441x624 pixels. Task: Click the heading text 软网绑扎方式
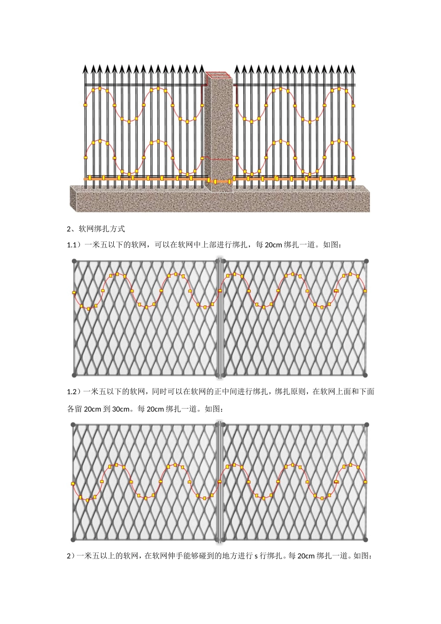click(102, 229)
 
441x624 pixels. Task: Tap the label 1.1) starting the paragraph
click(74, 245)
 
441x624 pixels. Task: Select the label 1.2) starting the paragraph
click(74, 392)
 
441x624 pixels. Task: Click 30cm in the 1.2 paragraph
click(121, 409)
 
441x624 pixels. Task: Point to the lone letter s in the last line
click(256, 556)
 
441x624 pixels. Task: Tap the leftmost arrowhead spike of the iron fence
click(85, 69)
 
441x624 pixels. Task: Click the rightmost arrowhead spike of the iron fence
click(353, 69)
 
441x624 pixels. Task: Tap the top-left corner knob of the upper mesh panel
click(74, 261)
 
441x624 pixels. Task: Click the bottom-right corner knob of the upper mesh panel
click(366, 375)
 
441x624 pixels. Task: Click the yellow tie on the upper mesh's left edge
click(74, 292)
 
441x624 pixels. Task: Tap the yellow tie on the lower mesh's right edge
click(365, 482)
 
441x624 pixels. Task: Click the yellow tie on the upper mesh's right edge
click(365, 291)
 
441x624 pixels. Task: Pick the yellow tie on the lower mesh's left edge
click(73, 484)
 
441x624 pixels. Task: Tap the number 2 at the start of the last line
click(69, 556)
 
